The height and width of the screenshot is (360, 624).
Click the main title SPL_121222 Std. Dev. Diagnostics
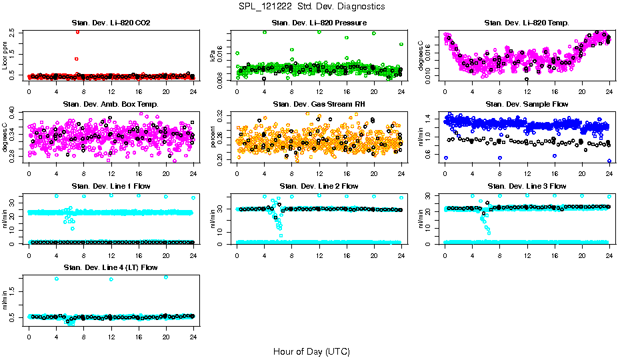coord(311,6)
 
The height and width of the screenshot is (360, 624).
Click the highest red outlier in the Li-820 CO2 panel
coord(77,31)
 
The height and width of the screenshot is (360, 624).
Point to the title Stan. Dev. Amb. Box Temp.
coord(111,104)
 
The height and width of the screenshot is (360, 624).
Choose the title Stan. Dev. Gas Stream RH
coord(319,104)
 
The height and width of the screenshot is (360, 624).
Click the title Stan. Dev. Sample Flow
coord(527,104)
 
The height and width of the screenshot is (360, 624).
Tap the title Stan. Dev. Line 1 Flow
coord(111,186)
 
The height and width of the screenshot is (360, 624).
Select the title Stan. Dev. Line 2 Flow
coord(319,186)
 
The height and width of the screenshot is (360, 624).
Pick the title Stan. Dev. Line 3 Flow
coord(527,186)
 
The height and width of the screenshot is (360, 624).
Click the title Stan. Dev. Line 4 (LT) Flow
coord(111,267)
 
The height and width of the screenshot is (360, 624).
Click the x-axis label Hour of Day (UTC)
coord(311,351)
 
